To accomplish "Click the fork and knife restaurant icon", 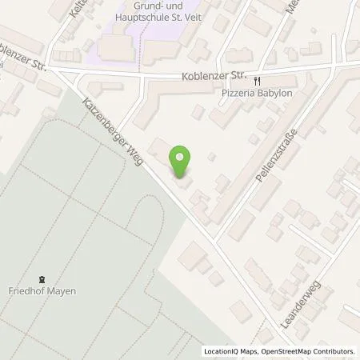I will (x=257, y=80).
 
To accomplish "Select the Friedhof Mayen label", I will (x=42, y=290).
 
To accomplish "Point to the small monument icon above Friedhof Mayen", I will (x=42, y=277).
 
